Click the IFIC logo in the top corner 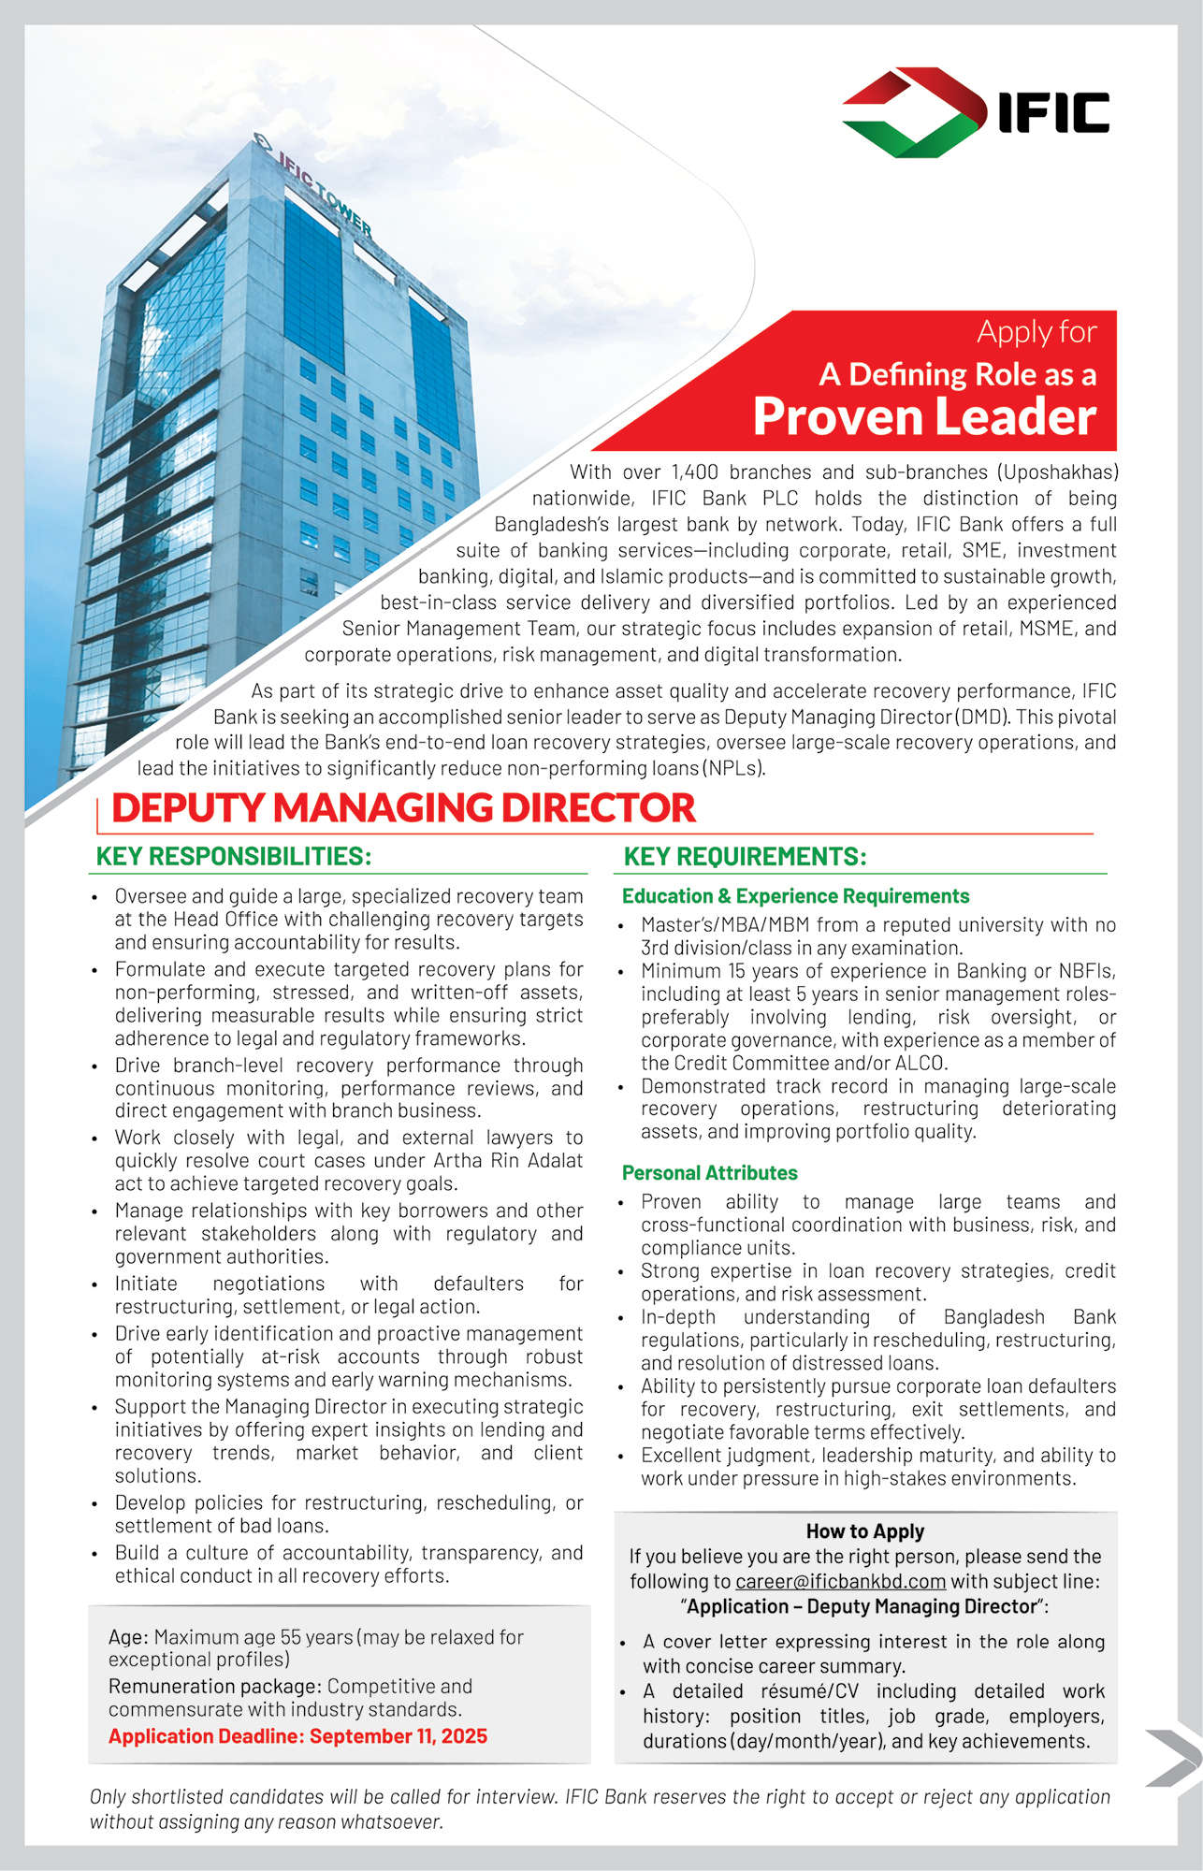(976, 112)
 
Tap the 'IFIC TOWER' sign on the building (323, 193)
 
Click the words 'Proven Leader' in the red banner (924, 416)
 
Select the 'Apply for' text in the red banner (1036, 332)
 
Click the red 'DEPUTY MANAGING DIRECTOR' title (403, 808)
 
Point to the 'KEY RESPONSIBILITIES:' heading (234, 857)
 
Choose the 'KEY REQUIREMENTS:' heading (745, 857)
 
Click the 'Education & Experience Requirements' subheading (795, 896)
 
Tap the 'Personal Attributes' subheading (709, 1173)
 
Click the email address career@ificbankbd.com (840, 1582)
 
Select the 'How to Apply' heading (865, 1531)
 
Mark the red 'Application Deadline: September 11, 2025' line (297, 1736)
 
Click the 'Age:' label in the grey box (128, 1637)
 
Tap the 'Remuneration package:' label (214, 1687)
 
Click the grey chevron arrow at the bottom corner (1174, 1759)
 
